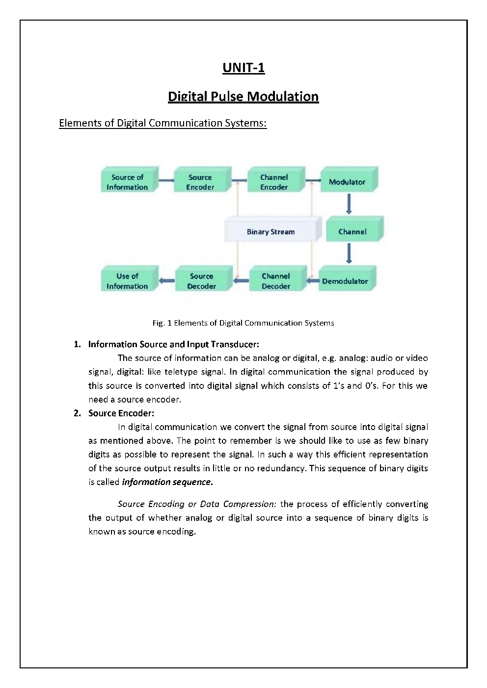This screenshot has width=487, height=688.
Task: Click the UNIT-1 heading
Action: (x=243, y=68)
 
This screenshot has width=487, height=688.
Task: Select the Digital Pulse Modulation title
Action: (x=243, y=96)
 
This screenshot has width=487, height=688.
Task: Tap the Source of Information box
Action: (x=128, y=181)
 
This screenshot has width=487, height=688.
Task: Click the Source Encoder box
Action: (x=201, y=181)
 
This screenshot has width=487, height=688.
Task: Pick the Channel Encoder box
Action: (x=274, y=181)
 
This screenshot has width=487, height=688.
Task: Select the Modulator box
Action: (x=347, y=181)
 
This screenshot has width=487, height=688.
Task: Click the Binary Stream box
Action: (x=271, y=231)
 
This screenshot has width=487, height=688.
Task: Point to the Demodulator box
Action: (x=345, y=281)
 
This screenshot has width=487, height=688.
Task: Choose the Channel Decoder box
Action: (x=276, y=281)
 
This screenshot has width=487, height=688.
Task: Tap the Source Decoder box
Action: (x=202, y=281)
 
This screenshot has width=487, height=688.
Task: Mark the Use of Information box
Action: (x=128, y=281)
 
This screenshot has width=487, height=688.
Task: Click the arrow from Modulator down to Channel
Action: (x=349, y=204)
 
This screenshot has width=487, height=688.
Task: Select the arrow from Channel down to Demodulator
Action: (x=349, y=254)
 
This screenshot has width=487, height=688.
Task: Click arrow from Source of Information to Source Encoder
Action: (x=166, y=180)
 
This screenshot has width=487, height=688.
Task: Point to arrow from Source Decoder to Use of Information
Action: (x=167, y=281)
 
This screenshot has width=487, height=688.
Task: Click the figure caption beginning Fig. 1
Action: (x=243, y=323)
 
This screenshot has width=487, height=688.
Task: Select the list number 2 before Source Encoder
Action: (x=77, y=413)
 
